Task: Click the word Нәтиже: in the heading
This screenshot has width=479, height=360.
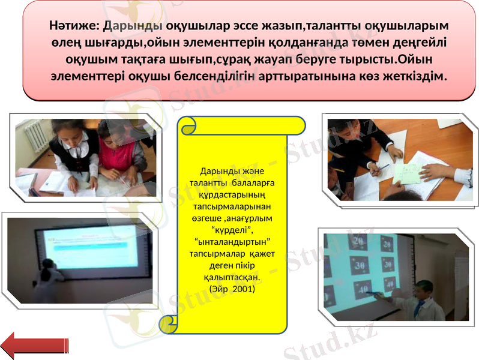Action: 74,26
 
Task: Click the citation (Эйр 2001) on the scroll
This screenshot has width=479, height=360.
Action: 232,289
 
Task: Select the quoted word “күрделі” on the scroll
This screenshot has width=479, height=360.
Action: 232,230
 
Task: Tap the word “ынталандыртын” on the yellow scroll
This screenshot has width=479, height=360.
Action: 232,242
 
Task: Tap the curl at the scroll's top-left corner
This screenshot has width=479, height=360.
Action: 189,125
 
